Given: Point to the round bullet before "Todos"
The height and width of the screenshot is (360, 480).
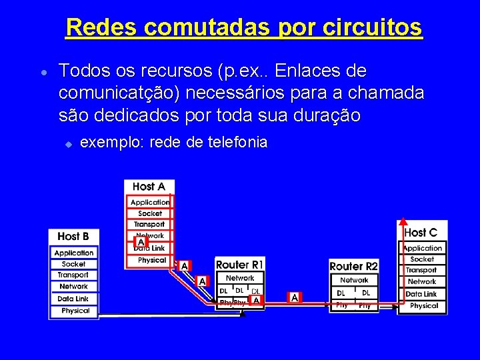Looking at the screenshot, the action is coord(42,73).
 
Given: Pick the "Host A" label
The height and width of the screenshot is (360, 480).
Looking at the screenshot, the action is coord(149,187).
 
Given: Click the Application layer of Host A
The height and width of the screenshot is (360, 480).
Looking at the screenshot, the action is coord(150,202).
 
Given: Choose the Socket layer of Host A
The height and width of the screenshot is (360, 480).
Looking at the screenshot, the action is coord(150,213).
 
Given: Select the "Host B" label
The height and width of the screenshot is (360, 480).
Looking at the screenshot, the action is coord(73,236).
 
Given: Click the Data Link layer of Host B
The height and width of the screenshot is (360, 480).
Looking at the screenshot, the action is coord(73,299).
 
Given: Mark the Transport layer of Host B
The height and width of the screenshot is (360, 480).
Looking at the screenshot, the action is coord(73,275).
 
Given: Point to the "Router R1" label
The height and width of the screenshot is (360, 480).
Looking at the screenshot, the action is coord(240,265).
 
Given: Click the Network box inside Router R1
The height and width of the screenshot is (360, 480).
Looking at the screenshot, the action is coord(240,278).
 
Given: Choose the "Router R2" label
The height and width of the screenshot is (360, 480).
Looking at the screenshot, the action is coord(354,266).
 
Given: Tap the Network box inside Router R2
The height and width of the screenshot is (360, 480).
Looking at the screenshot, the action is coord(354,281).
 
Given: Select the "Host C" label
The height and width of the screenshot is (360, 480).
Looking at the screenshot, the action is coord(421,233).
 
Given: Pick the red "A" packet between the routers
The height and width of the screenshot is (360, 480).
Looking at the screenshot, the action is coord(294,297).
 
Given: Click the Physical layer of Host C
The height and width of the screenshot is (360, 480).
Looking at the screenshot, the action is coord(424,306).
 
